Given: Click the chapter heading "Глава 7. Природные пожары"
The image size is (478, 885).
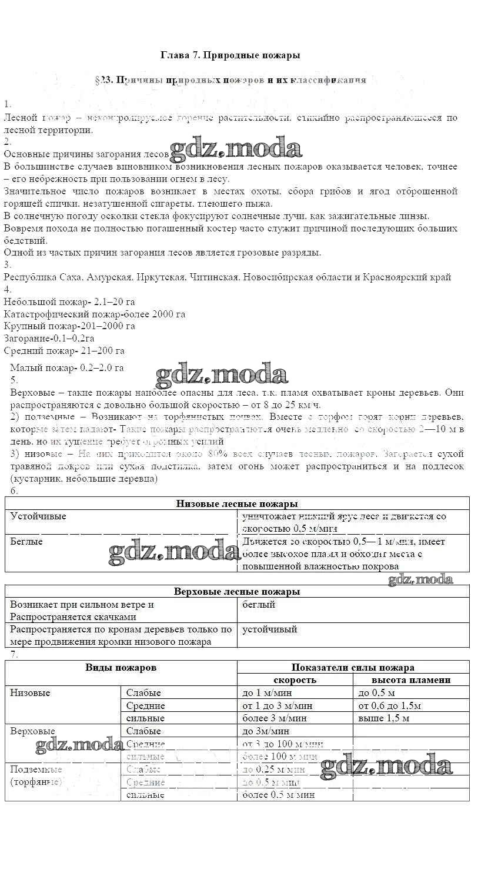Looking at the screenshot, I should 230,55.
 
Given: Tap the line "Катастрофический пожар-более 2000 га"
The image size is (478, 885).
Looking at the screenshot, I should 94,314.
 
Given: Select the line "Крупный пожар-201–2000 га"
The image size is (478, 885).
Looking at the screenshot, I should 69,326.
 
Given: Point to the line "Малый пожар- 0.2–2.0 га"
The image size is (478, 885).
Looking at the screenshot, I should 67,368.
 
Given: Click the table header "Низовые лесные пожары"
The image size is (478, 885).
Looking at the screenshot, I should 237,503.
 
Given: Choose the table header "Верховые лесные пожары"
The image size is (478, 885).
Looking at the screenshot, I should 237,591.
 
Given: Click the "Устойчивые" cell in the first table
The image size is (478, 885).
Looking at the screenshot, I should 38,516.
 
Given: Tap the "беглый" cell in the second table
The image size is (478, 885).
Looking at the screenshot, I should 259,604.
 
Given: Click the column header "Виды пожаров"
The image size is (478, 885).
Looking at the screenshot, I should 121,667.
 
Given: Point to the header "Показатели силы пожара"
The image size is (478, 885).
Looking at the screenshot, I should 353,667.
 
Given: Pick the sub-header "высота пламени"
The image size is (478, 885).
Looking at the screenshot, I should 412,680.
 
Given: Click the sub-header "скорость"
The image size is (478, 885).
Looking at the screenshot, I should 295,680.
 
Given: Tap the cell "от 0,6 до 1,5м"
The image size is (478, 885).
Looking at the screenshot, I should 390,705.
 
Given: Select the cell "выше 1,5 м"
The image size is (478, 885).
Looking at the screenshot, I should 384,718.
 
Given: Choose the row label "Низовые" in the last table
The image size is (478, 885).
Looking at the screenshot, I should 30,693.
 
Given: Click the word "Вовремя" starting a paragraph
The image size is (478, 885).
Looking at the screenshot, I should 22,228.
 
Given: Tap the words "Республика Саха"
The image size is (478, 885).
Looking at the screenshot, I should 39,277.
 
